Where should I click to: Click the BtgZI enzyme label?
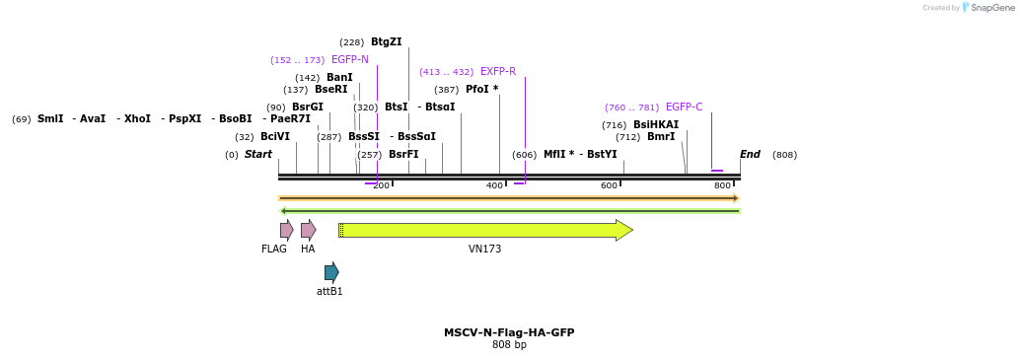[386, 42]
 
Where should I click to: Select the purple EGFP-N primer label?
[349, 60]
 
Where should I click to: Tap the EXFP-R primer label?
[497, 72]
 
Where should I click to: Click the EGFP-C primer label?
[684, 108]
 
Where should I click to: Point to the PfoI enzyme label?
[481, 90]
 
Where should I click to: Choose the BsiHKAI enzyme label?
[655, 125]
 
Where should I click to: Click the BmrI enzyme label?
[660, 137]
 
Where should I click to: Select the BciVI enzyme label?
[275, 137]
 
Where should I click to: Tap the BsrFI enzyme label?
[403, 155]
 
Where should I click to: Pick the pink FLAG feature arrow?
[286, 230]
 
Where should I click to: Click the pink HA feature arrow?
[308, 230]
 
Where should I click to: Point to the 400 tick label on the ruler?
[494, 186]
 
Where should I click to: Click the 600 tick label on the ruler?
[609, 186]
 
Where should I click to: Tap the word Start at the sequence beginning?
[258, 155]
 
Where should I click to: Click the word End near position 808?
[750, 155]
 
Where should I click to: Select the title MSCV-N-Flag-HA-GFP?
[509, 332]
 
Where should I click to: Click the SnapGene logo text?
[990, 8]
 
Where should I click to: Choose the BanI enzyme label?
[339, 78]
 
